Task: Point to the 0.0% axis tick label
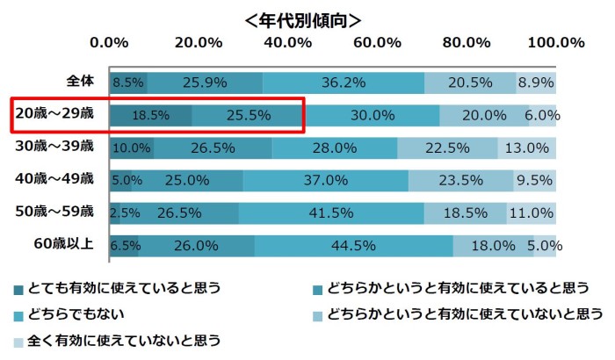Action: [x=110, y=41]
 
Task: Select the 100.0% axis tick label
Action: [x=555, y=41]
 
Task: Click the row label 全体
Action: [x=80, y=82]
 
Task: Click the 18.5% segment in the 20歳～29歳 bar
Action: [x=151, y=115]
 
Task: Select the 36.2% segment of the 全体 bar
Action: [x=344, y=83]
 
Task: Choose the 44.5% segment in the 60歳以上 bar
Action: [x=354, y=245]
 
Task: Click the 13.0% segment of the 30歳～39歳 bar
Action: [x=527, y=148]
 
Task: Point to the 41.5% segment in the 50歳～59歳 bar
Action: [x=331, y=212]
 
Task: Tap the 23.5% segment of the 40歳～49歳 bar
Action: [x=461, y=180]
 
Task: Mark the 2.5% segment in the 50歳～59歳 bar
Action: [x=115, y=212]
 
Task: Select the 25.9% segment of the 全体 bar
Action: [x=205, y=83]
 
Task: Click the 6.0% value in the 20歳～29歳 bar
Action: [x=542, y=115]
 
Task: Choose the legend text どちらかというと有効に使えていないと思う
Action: [x=465, y=313]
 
